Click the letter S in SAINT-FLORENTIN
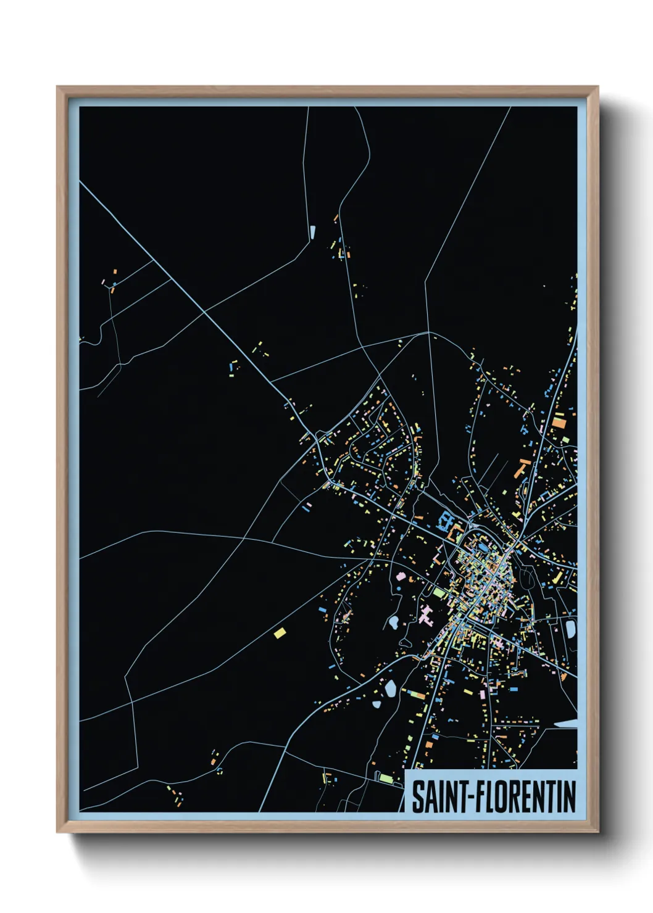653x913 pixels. (x=418, y=796)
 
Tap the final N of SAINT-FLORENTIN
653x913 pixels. (x=570, y=796)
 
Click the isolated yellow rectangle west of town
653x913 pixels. (x=280, y=632)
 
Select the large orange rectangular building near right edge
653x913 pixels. (x=559, y=422)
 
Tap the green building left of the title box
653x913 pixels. (x=386, y=777)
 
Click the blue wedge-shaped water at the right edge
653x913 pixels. (x=567, y=724)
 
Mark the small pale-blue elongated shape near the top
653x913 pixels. (x=313, y=233)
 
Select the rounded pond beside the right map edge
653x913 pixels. (x=570, y=629)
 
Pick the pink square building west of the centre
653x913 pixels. (x=401, y=577)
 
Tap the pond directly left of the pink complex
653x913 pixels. (x=393, y=622)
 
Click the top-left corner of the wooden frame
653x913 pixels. (x=58, y=87)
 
